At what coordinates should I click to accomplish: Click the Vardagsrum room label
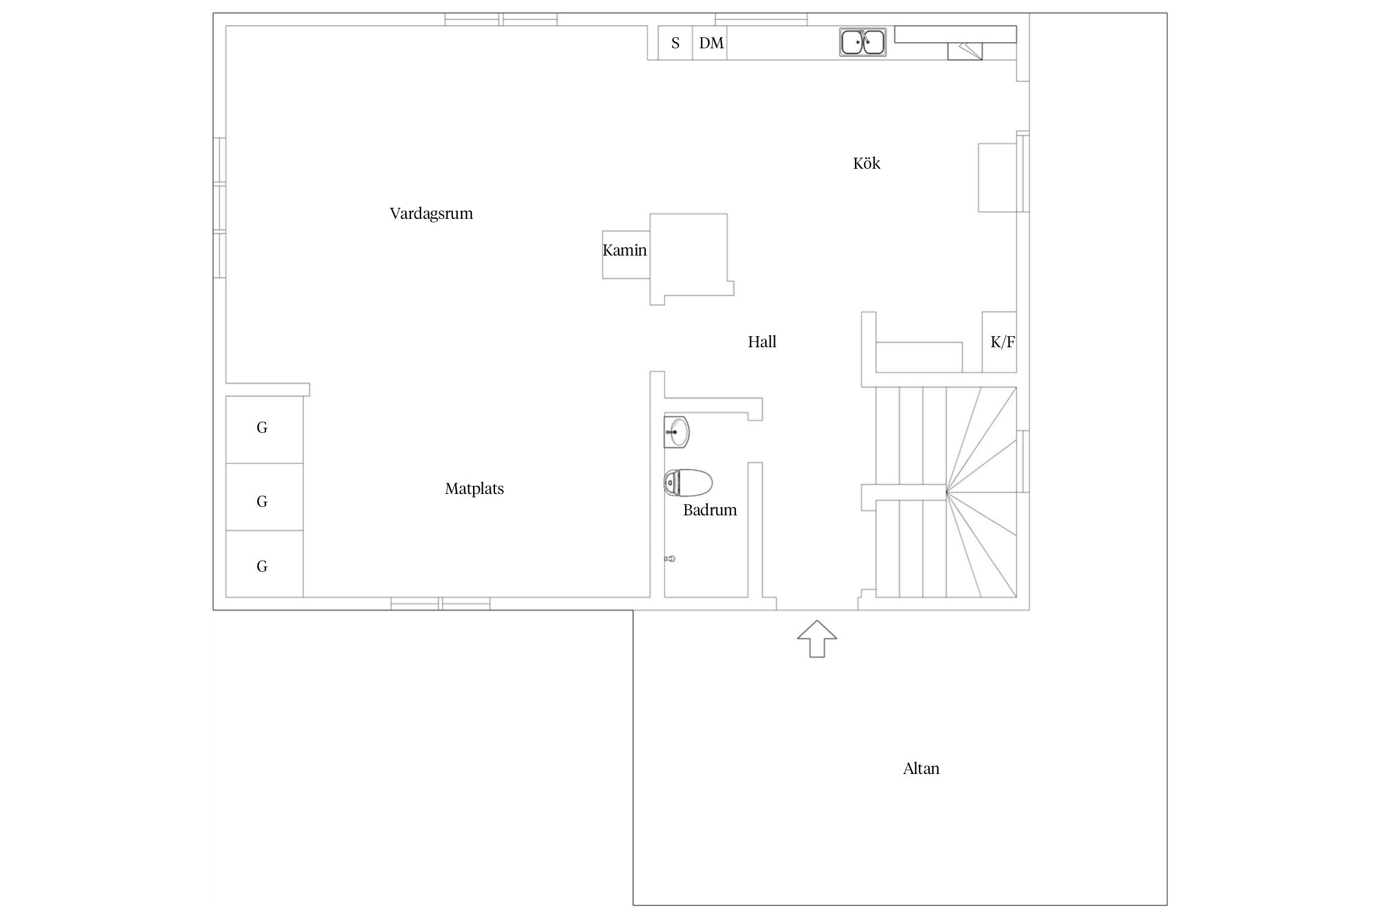click(431, 214)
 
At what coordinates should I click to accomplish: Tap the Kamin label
click(625, 250)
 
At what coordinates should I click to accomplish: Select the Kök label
click(867, 163)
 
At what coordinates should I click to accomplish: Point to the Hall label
click(762, 342)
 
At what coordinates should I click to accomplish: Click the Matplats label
click(474, 489)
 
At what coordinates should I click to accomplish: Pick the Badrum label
click(710, 510)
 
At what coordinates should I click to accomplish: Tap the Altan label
click(921, 768)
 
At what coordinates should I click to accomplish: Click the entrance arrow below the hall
click(817, 639)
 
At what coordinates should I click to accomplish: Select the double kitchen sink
click(863, 42)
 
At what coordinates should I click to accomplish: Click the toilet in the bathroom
click(688, 483)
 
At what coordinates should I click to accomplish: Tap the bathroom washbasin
click(676, 432)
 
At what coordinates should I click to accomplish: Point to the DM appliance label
click(711, 43)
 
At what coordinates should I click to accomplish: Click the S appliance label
click(675, 43)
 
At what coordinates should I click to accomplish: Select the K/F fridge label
click(1002, 342)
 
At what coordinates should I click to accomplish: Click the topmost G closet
click(265, 429)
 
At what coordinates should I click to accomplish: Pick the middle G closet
click(265, 497)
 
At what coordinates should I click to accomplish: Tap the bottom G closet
click(265, 564)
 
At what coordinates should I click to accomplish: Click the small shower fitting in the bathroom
click(670, 559)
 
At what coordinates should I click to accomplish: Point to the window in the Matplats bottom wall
click(441, 603)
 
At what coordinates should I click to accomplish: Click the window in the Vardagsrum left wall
click(219, 208)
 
